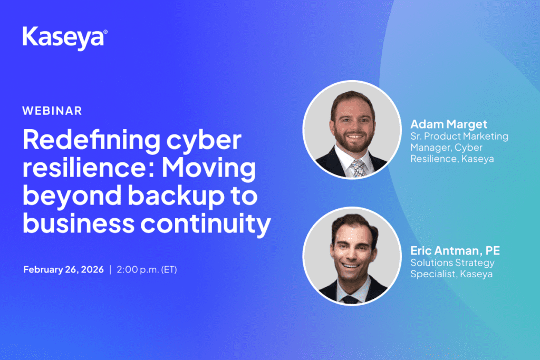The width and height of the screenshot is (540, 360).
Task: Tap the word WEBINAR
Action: (x=52, y=111)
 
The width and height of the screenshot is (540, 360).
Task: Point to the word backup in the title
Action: (x=176, y=196)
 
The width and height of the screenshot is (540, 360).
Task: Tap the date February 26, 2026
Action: (x=63, y=269)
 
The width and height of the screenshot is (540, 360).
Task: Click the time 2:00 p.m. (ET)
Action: (x=147, y=269)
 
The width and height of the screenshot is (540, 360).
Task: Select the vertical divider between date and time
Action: (x=110, y=269)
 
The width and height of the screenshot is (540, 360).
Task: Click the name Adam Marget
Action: (x=449, y=124)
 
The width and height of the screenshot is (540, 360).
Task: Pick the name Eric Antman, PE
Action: (x=455, y=250)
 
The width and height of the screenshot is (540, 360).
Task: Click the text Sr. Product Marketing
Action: (x=459, y=137)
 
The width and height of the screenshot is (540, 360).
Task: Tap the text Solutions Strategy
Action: (x=452, y=263)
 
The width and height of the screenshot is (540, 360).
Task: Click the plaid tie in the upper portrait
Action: (x=359, y=168)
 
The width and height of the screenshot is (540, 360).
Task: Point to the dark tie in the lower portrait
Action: (x=350, y=299)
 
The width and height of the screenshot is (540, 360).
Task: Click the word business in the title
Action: (x=79, y=223)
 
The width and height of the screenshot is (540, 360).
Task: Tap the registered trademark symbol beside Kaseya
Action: (x=105, y=32)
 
